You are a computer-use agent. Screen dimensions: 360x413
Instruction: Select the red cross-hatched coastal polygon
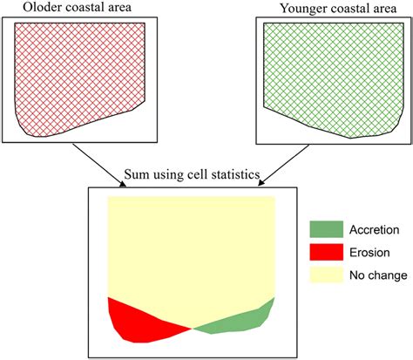[x=78, y=70]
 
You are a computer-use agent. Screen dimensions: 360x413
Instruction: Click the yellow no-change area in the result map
[x=190, y=253]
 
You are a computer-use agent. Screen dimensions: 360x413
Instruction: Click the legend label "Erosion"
[x=369, y=253]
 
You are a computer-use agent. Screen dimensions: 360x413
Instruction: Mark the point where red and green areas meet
[x=192, y=329]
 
